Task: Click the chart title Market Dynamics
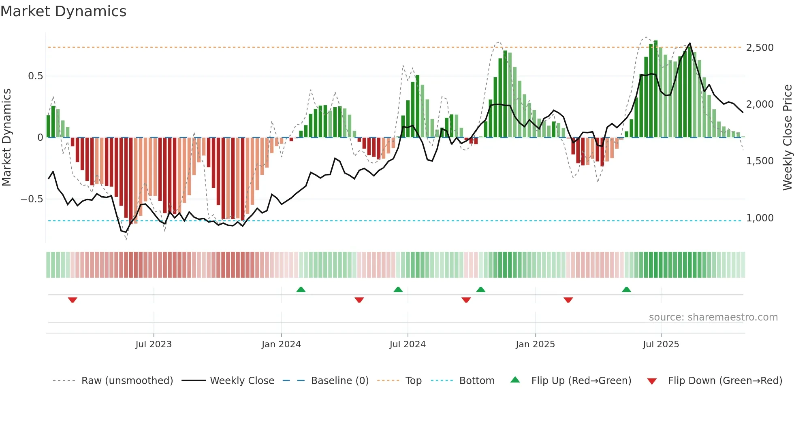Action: [x=63, y=11]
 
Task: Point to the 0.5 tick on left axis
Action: [x=35, y=76]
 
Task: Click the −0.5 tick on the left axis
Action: [x=32, y=199]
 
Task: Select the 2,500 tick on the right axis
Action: [x=760, y=48]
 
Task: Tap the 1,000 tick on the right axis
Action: [x=760, y=218]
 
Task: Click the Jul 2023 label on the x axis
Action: [x=154, y=344]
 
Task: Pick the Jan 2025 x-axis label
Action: [x=535, y=344]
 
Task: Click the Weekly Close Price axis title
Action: [x=787, y=138]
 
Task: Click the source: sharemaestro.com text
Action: [x=713, y=317]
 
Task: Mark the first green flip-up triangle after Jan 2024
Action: [x=301, y=290]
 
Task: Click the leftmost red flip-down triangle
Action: [x=73, y=300]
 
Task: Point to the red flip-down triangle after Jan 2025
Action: [x=568, y=300]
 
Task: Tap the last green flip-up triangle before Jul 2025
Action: [x=626, y=290]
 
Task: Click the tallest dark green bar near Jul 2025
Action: [x=655, y=89]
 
